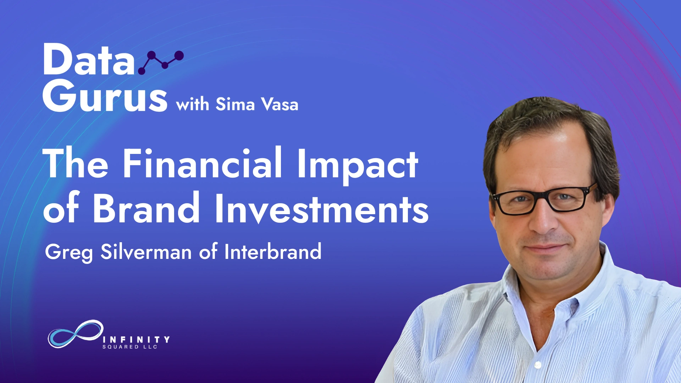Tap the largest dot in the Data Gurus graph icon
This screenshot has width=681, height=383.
point(179,55)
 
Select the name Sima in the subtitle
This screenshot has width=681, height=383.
point(235,104)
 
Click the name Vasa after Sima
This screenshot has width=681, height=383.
point(279,104)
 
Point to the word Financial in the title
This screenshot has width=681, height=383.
point(203,163)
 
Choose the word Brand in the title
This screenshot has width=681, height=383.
point(146,207)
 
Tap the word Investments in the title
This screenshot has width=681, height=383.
point(322,209)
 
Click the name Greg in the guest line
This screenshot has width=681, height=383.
point(69,252)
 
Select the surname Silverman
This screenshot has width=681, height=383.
point(146,251)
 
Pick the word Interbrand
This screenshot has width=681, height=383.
point(273,251)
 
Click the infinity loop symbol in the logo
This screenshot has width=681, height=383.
point(76,334)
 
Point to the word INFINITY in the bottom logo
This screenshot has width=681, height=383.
point(136,340)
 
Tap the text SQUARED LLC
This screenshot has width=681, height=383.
point(130,347)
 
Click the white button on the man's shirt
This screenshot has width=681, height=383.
point(538,364)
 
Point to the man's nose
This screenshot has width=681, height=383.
point(543,218)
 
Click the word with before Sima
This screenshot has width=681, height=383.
point(193,104)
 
